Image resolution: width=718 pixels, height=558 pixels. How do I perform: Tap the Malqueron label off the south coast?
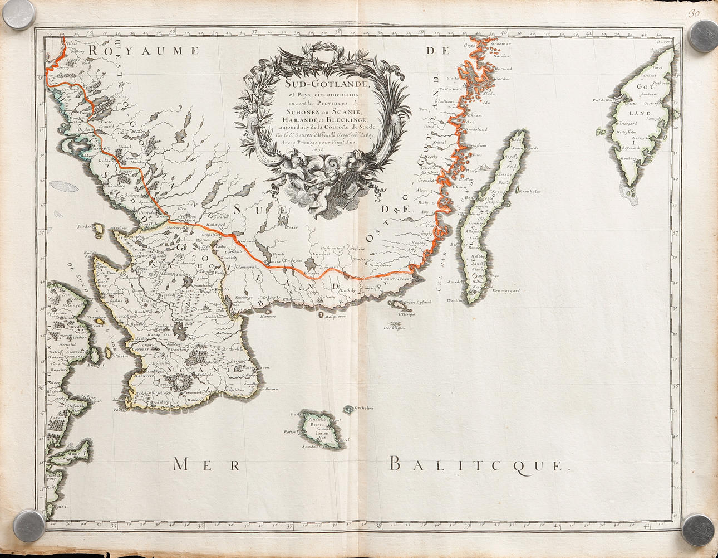(x=336, y=316)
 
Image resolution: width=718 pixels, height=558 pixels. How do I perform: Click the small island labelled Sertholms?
(x=362, y=408)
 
